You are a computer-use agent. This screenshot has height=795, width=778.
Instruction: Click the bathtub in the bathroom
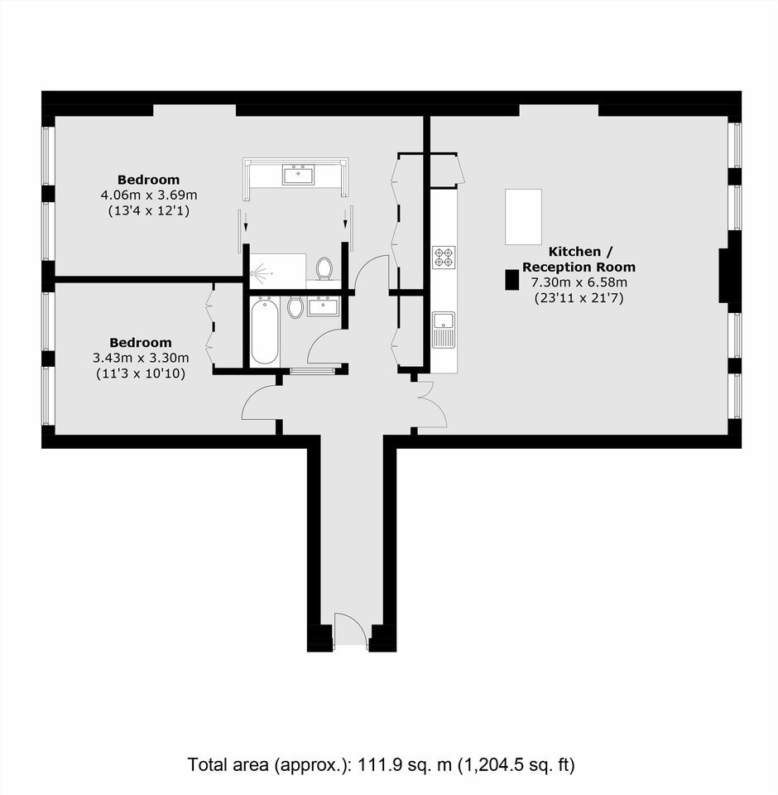[x=265, y=330]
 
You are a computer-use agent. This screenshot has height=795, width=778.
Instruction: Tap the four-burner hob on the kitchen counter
[x=444, y=257]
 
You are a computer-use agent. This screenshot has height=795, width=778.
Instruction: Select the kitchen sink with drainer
[x=444, y=330]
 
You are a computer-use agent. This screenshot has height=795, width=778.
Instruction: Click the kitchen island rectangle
[x=524, y=216]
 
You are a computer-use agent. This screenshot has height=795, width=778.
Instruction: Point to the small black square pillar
[x=512, y=280]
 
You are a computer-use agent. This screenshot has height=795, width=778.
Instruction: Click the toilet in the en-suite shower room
[x=324, y=267]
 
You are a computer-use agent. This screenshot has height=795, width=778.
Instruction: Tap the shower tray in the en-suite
[x=278, y=272]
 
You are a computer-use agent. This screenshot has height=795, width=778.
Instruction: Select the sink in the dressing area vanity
[x=299, y=174]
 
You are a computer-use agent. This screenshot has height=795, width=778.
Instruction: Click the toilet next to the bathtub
[x=295, y=307]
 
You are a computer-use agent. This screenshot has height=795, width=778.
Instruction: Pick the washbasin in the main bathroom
[x=323, y=306]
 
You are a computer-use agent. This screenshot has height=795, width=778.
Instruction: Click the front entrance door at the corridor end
[x=351, y=629]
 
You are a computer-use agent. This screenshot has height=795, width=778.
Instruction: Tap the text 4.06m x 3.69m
[x=149, y=195]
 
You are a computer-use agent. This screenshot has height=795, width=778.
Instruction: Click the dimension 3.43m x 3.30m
[x=141, y=358]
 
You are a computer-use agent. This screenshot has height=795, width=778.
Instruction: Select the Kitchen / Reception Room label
[x=579, y=259]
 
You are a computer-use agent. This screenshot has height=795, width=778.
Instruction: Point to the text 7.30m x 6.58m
[x=579, y=282]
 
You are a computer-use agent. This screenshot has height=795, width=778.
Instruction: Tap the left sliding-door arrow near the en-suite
[x=246, y=221]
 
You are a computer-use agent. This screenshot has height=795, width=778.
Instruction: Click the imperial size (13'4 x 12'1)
[x=149, y=210]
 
